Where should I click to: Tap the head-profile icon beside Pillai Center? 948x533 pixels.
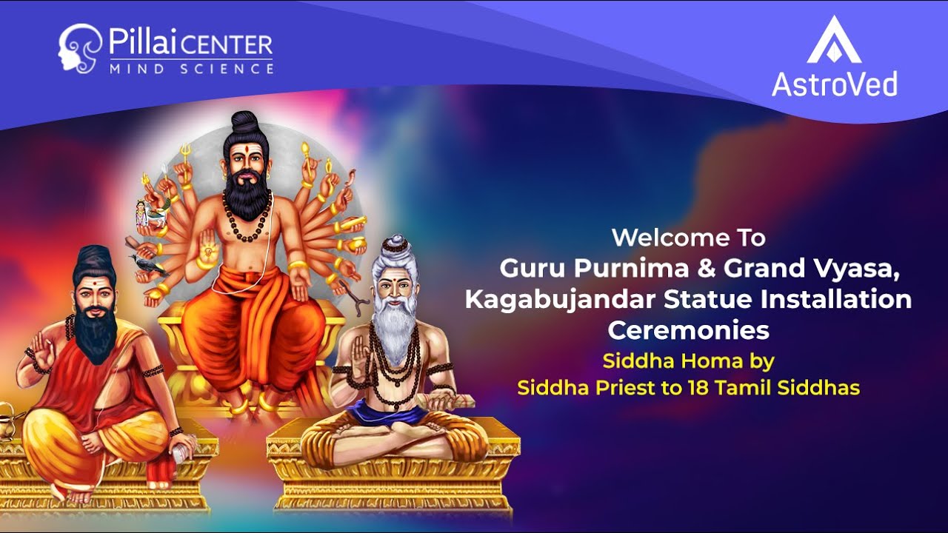pyautogui.click(x=79, y=48)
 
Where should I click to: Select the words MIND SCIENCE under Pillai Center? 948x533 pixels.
pyautogui.click(x=191, y=69)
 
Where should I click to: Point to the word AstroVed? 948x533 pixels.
pyautogui.click(x=834, y=84)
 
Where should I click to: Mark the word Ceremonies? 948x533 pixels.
pyautogui.click(x=688, y=330)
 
